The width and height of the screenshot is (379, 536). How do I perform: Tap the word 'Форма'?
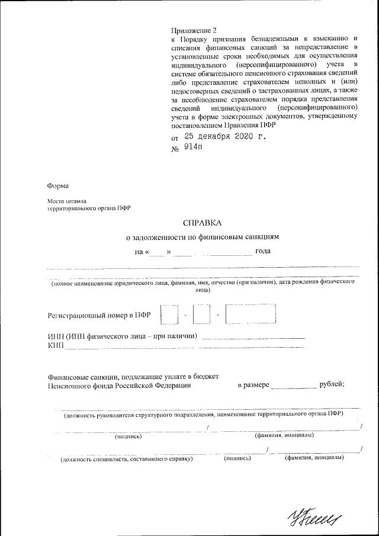coord(58,186)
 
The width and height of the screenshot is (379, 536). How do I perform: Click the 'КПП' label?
coord(55,345)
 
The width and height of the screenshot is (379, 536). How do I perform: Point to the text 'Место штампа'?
coord(67,202)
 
